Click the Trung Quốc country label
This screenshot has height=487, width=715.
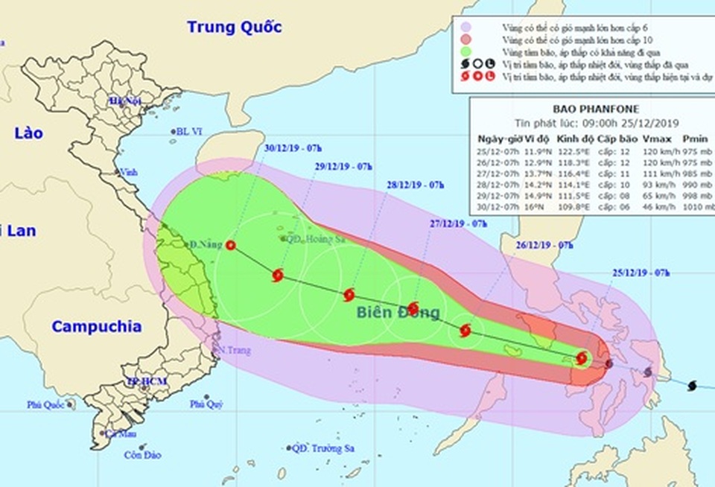tap(234, 28)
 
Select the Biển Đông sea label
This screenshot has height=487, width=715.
tap(398, 312)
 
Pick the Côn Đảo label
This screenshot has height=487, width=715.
tap(143, 455)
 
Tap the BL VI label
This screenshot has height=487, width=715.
tap(189, 132)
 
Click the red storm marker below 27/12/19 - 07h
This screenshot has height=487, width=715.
tap(413, 308)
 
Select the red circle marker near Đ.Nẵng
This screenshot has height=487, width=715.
tap(231, 245)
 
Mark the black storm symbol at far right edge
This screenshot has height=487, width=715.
tap(693, 385)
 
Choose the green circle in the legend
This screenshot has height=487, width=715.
tap(466, 51)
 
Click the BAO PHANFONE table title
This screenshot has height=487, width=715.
tap(592, 110)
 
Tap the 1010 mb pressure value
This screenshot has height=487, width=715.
tap(694, 211)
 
